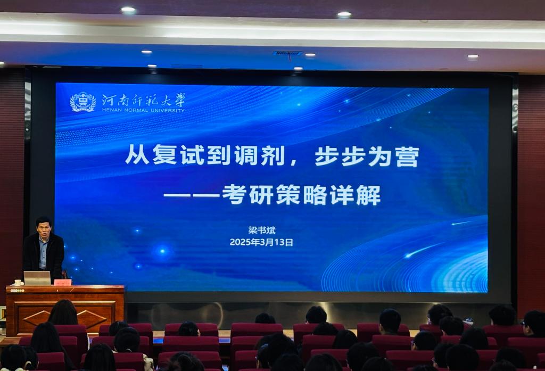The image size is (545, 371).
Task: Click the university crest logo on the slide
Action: tap(82, 102)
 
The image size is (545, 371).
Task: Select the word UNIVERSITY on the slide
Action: tap(168, 110)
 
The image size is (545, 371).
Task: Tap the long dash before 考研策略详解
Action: tap(192, 195)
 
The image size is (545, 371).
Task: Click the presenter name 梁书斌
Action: tap(262, 230)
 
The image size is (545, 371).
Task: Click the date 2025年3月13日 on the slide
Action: tap(261, 242)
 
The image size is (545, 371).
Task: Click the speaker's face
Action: tap(44, 229)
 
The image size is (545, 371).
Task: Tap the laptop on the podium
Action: tap(37, 278)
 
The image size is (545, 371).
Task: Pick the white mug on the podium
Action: tap(18, 283)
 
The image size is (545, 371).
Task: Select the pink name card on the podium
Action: tap(63, 282)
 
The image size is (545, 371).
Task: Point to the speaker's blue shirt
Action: tap(43, 253)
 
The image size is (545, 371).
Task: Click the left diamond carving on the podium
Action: tap(37, 318)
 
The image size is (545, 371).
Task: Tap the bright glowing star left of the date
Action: tap(162, 251)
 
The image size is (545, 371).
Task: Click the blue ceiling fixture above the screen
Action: tap(287, 53)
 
